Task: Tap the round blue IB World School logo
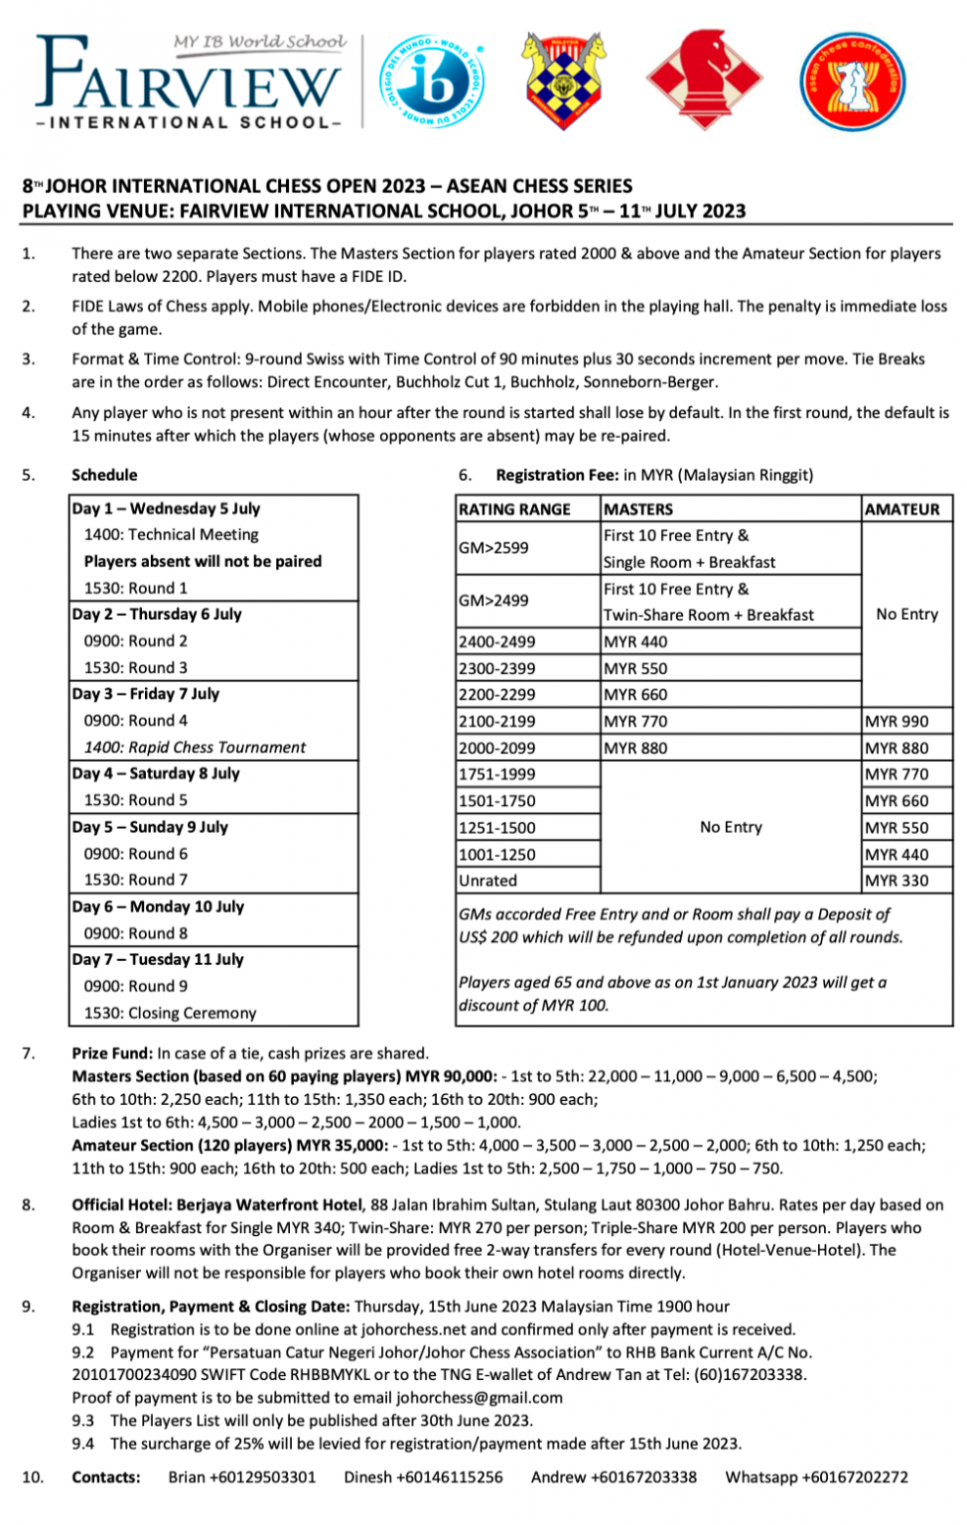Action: click(x=433, y=80)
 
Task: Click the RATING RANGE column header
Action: click(x=514, y=509)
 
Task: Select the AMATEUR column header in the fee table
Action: click(x=901, y=509)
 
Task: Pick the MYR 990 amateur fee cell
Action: click(x=896, y=721)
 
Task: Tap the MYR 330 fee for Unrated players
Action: click(x=896, y=881)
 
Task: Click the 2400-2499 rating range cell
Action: click(x=496, y=641)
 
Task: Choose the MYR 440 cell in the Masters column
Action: click(x=635, y=641)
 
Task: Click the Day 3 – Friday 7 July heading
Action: click(x=145, y=694)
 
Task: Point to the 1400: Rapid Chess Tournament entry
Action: click(x=195, y=748)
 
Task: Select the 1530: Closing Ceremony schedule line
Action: click(x=170, y=1013)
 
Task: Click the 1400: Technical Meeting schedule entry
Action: click(x=171, y=534)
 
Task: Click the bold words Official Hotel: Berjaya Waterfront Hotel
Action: click(x=216, y=1205)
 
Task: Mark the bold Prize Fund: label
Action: click(x=112, y=1053)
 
